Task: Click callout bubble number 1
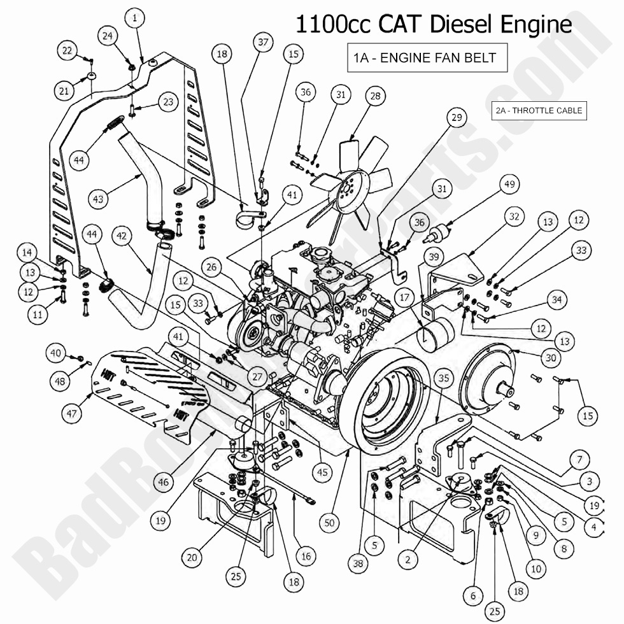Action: (134, 19)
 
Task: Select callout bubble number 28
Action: (375, 96)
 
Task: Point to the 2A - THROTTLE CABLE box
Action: (538, 110)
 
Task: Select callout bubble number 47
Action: (71, 413)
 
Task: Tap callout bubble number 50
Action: (329, 522)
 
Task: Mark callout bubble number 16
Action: (306, 556)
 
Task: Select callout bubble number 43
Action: (97, 199)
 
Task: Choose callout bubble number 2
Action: (408, 560)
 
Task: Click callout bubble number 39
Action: (433, 257)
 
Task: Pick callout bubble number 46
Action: (164, 482)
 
